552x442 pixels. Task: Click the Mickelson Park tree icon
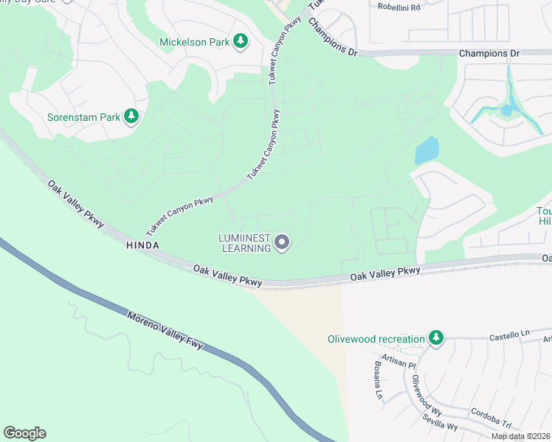click(x=240, y=42)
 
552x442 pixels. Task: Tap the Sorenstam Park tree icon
click(x=131, y=116)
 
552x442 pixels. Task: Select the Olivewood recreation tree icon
click(x=436, y=338)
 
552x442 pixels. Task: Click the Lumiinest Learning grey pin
click(x=282, y=242)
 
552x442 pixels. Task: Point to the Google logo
click(x=24, y=433)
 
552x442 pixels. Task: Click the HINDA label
click(x=142, y=244)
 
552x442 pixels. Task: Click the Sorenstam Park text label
click(x=83, y=117)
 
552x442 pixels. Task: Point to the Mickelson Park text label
click(x=195, y=42)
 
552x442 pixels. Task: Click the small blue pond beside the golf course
click(x=427, y=151)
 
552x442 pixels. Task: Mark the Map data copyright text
click(x=520, y=436)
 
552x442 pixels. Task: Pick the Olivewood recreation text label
click(x=376, y=339)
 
